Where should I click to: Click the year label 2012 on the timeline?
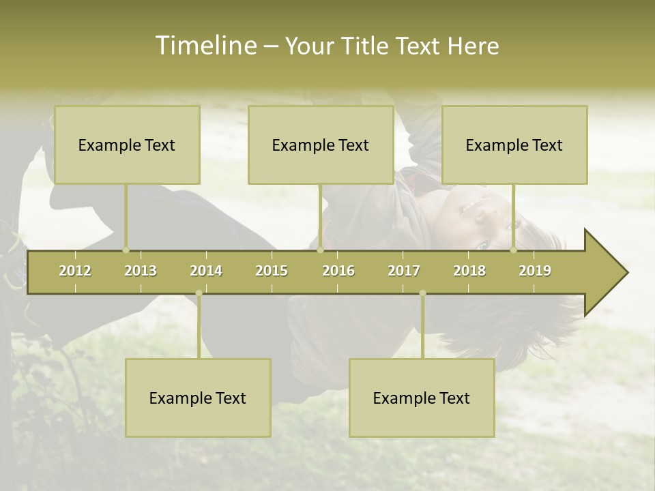click(x=75, y=271)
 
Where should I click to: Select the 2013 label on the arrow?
click(x=141, y=271)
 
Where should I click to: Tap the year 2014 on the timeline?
click(x=206, y=271)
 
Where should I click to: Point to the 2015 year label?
click(x=272, y=271)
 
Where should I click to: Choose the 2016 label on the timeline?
click(x=338, y=271)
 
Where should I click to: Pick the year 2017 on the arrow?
click(x=404, y=271)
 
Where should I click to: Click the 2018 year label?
click(x=469, y=271)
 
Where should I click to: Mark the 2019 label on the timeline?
click(x=535, y=271)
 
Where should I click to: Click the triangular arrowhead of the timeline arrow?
click(x=605, y=273)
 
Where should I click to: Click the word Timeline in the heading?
click(x=205, y=46)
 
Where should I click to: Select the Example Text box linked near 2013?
click(x=127, y=145)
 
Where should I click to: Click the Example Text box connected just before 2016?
click(x=321, y=145)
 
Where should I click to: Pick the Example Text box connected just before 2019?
click(x=514, y=145)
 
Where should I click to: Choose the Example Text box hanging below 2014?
click(x=198, y=398)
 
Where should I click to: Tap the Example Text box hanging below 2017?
click(x=422, y=398)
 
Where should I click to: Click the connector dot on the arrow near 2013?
click(x=126, y=250)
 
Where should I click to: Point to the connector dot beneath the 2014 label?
click(x=199, y=293)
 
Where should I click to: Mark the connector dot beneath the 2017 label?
click(x=422, y=293)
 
